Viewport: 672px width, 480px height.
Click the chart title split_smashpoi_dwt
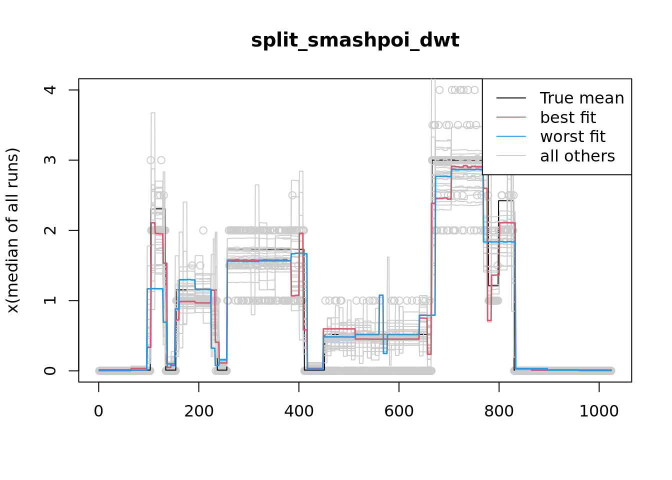pos(355,40)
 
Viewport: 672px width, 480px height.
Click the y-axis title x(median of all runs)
pos(12,230)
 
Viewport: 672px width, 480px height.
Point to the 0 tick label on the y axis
pos(50,370)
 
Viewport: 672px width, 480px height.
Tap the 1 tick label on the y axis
pos(50,300)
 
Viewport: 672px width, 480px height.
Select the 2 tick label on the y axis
pos(50,230)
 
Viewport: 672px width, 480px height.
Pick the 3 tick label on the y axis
pos(50,160)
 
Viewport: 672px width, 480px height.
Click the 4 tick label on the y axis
pos(50,90)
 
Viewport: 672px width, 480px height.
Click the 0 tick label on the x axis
pos(98,411)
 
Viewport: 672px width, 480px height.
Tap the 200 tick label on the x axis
pos(198,411)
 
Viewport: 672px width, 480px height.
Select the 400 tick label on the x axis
pos(298,411)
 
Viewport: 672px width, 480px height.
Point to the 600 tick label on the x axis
pos(398,411)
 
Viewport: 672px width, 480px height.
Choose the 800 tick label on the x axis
pos(498,411)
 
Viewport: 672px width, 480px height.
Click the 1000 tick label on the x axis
pos(598,411)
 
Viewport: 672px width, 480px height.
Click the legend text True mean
pos(582,98)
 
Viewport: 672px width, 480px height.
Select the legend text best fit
pos(568,117)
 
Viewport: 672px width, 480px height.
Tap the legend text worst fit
pos(572,136)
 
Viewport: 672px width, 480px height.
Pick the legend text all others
pos(577,156)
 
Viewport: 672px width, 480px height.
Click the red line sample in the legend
pos(511,117)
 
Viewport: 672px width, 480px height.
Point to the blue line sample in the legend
pos(511,136)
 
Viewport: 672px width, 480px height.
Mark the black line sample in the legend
pos(511,98)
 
